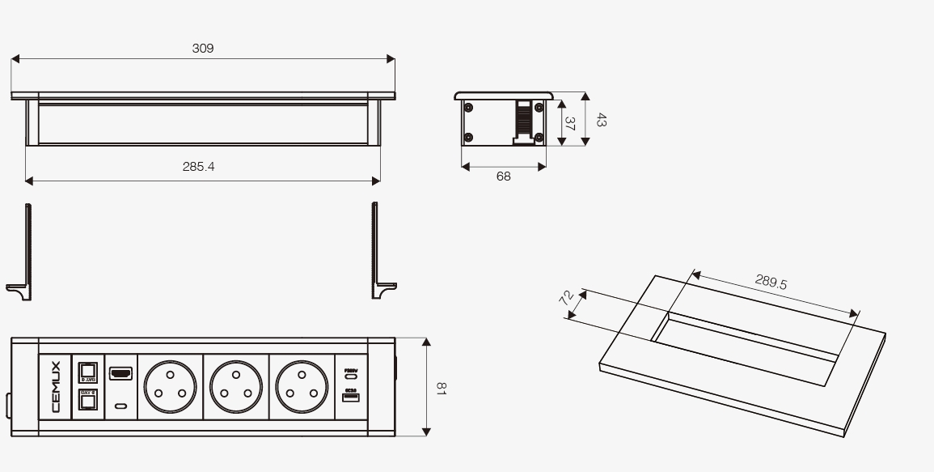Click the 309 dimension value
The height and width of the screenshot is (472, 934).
pos(203,49)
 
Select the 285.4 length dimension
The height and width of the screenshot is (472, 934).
pos(198,167)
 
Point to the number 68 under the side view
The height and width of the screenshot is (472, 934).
pos(504,176)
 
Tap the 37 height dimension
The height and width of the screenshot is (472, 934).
pos(569,124)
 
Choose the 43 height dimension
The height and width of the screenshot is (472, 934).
pos(601,120)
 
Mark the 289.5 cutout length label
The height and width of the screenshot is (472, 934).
pos(771,282)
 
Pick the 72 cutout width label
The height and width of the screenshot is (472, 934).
pos(568,296)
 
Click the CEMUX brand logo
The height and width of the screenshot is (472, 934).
pos(55,386)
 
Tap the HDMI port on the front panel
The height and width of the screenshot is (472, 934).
pos(120,374)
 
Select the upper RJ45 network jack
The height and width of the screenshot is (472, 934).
pos(87,372)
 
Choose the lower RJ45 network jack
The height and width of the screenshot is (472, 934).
pos(87,399)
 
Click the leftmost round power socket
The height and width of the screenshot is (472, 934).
pos(170,386)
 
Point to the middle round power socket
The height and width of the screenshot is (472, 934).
pos(236,386)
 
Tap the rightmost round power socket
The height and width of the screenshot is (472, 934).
pos(302,386)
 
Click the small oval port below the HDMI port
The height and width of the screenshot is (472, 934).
pos(120,406)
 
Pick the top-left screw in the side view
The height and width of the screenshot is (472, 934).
pos(468,106)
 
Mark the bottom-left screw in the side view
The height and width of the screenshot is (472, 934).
pos(468,138)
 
